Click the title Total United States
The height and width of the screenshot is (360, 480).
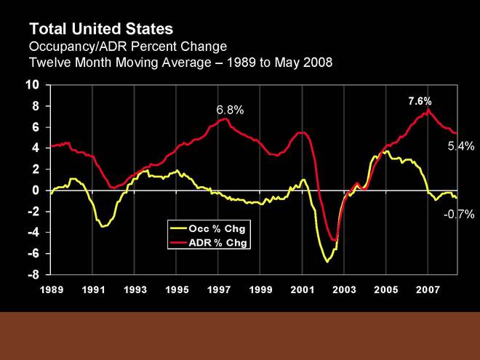[101, 29]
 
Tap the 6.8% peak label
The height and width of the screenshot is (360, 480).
[230, 110]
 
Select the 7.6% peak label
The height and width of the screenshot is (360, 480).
[420, 100]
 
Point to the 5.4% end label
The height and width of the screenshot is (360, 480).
[460, 146]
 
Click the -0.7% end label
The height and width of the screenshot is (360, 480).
[459, 214]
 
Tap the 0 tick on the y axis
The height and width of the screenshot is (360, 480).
[35, 191]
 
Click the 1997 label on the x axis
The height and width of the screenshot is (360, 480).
[218, 290]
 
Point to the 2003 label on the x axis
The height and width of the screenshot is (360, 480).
[344, 290]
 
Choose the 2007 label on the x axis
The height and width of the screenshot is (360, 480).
[428, 290]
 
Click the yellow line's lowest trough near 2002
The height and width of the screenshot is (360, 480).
[327, 261]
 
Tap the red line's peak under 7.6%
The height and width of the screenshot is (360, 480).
[428, 110]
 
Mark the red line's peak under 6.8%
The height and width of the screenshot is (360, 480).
[226, 119]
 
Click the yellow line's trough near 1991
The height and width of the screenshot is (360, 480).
[103, 227]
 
